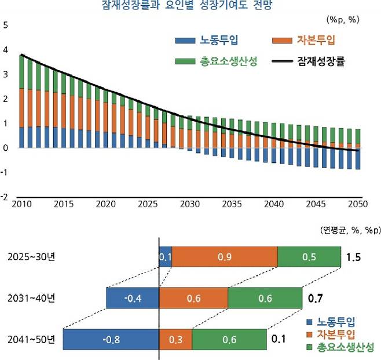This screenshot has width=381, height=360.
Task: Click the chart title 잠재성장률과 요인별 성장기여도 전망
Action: point(190,6)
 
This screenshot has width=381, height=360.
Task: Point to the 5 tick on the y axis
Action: point(6,26)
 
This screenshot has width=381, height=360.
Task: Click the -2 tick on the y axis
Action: point(5,197)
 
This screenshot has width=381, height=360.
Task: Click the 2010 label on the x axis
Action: point(21,205)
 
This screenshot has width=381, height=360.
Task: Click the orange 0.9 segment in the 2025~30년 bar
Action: point(225,257)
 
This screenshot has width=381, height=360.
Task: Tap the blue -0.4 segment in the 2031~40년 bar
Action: point(133,298)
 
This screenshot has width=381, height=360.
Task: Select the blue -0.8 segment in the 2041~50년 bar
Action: point(111,340)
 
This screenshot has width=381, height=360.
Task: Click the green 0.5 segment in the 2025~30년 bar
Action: point(309,257)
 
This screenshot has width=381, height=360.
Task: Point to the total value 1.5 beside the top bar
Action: point(354,257)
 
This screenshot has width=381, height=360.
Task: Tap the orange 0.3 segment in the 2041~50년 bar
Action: point(175,340)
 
